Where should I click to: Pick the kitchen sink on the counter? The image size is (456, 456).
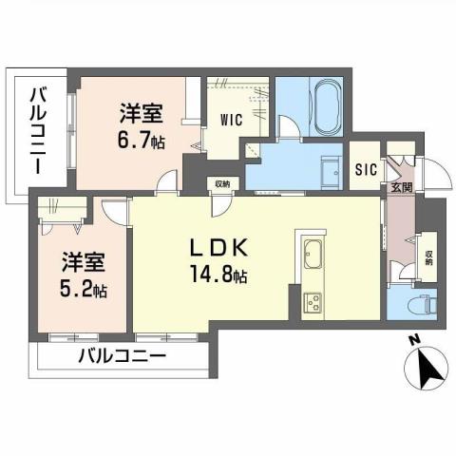click(313, 255)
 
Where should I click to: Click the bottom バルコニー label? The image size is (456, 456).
click(122, 358)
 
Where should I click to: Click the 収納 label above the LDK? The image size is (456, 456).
click(221, 184)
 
